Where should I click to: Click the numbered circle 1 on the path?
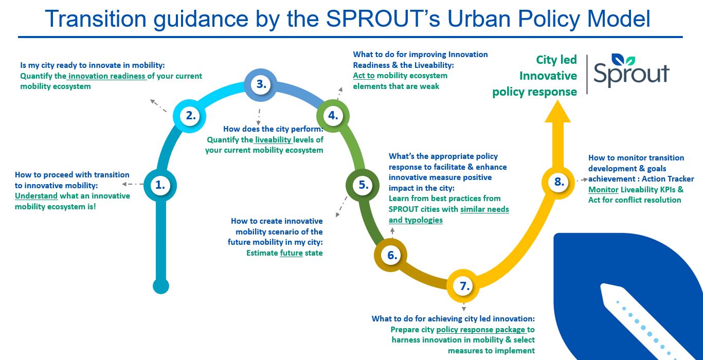[x=160, y=186]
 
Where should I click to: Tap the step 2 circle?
[x=190, y=116]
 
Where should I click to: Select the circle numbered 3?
[x=261, y=85]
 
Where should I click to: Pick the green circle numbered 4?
[x=333, y=116]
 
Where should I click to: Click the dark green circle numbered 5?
[x=363, y=185]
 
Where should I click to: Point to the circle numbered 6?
[x=391, y=255]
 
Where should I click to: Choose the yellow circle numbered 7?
[x=463, y=286]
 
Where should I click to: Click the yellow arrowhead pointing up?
[x=557, y=111]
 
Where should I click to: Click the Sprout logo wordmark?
[x=631, y=71]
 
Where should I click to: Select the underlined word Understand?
[x=37, y=196]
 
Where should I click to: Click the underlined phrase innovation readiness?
[x=106, y=76]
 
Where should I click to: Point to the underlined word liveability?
[x=274, y=140]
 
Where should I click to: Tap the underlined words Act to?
[x=364, y=76]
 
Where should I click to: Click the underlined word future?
[x=291, y=253]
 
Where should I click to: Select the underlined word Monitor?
[x=603, y=190]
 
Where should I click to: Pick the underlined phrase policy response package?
[x=480, y=330]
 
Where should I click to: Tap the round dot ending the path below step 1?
[x=161, y=286]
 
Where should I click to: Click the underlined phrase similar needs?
[x=484, y=209]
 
